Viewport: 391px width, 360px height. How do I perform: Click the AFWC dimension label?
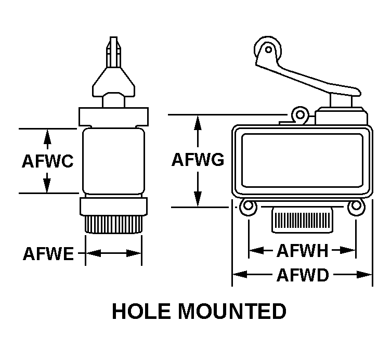tap(47, 161)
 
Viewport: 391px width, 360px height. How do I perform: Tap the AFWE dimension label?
tap(48, 254)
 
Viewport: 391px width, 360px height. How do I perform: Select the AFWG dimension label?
tap(198, 160)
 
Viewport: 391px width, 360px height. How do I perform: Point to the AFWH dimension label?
tap(302, 251)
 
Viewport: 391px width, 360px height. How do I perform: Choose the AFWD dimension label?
tap(302, 274)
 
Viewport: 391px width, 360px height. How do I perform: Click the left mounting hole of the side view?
tap(248, 207)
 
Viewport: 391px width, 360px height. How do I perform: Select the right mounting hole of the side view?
tap(356, 207)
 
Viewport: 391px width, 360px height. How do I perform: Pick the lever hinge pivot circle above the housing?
tap(299, 114)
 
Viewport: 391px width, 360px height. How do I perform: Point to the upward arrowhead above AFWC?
tap(47, 135)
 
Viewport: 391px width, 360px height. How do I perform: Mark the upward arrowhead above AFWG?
tap(198, 121)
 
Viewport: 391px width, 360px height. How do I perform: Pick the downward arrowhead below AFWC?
tap(47, 186)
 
